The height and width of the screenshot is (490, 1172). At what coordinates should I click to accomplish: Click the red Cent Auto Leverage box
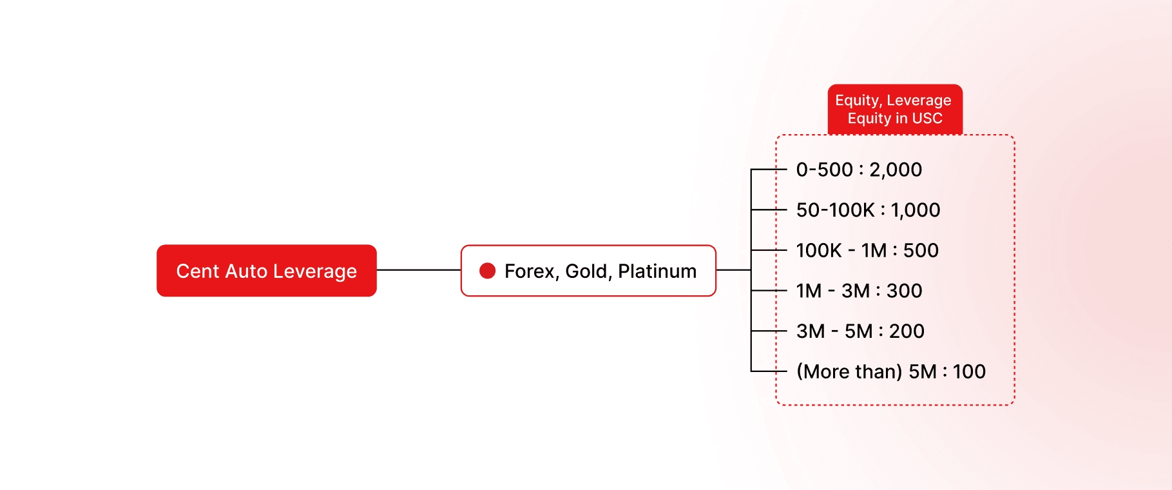click(266, 271)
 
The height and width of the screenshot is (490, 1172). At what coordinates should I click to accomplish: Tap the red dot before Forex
click(488, 271)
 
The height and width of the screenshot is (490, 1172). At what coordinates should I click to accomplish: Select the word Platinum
click(657, 271)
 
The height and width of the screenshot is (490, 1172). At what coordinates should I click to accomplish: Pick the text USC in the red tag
click(927, 119)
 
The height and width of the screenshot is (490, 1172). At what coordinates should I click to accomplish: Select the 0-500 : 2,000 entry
click(859, 170)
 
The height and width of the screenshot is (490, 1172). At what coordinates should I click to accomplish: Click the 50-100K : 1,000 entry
click(868, 210)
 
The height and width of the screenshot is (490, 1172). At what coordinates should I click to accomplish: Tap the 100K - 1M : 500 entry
click(867, 250)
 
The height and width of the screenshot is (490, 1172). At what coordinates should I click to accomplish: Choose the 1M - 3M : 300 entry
click(859, 291)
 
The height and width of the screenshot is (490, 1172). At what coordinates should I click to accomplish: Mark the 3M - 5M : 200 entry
click(860, 331)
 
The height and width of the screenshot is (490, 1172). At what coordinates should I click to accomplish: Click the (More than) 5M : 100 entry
click(890, 371)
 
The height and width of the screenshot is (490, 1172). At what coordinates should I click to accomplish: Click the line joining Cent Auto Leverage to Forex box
click(419, 270)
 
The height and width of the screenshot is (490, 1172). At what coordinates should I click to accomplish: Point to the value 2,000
click(896, 170)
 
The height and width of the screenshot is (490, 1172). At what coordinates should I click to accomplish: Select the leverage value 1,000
click(916, 210)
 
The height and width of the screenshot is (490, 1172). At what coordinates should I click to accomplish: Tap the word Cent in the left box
click(198, 271)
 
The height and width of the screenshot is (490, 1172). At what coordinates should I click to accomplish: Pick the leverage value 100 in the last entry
click(969, 371)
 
